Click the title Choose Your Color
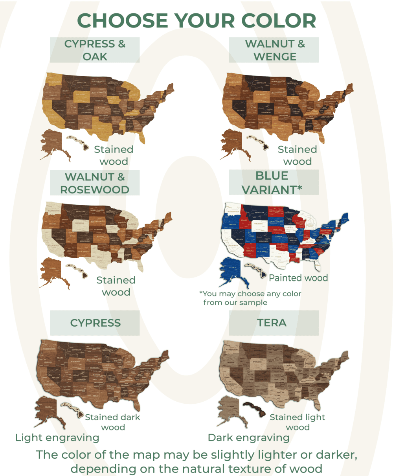coord(196,20)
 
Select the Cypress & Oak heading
coord(95,50)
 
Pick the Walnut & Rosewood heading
coord(95,183)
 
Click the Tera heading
coord(272,323)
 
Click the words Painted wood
coord(298,278)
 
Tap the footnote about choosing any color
coord(250,298)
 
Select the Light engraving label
coord(57,437)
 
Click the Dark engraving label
coord(248,437)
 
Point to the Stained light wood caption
coord(298,422)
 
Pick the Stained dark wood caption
coord(113,422)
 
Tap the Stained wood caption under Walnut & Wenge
coord(298,155)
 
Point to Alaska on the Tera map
coord(230,409)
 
